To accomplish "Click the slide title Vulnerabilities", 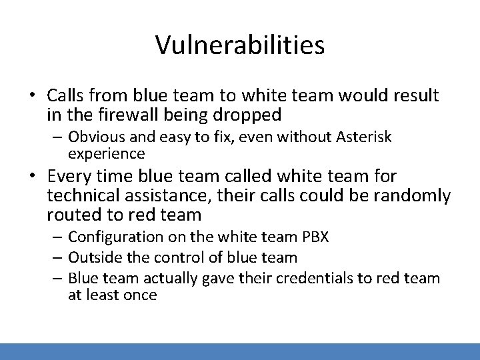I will (x=240, y=45).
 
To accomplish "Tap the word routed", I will (x=71, y=215).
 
